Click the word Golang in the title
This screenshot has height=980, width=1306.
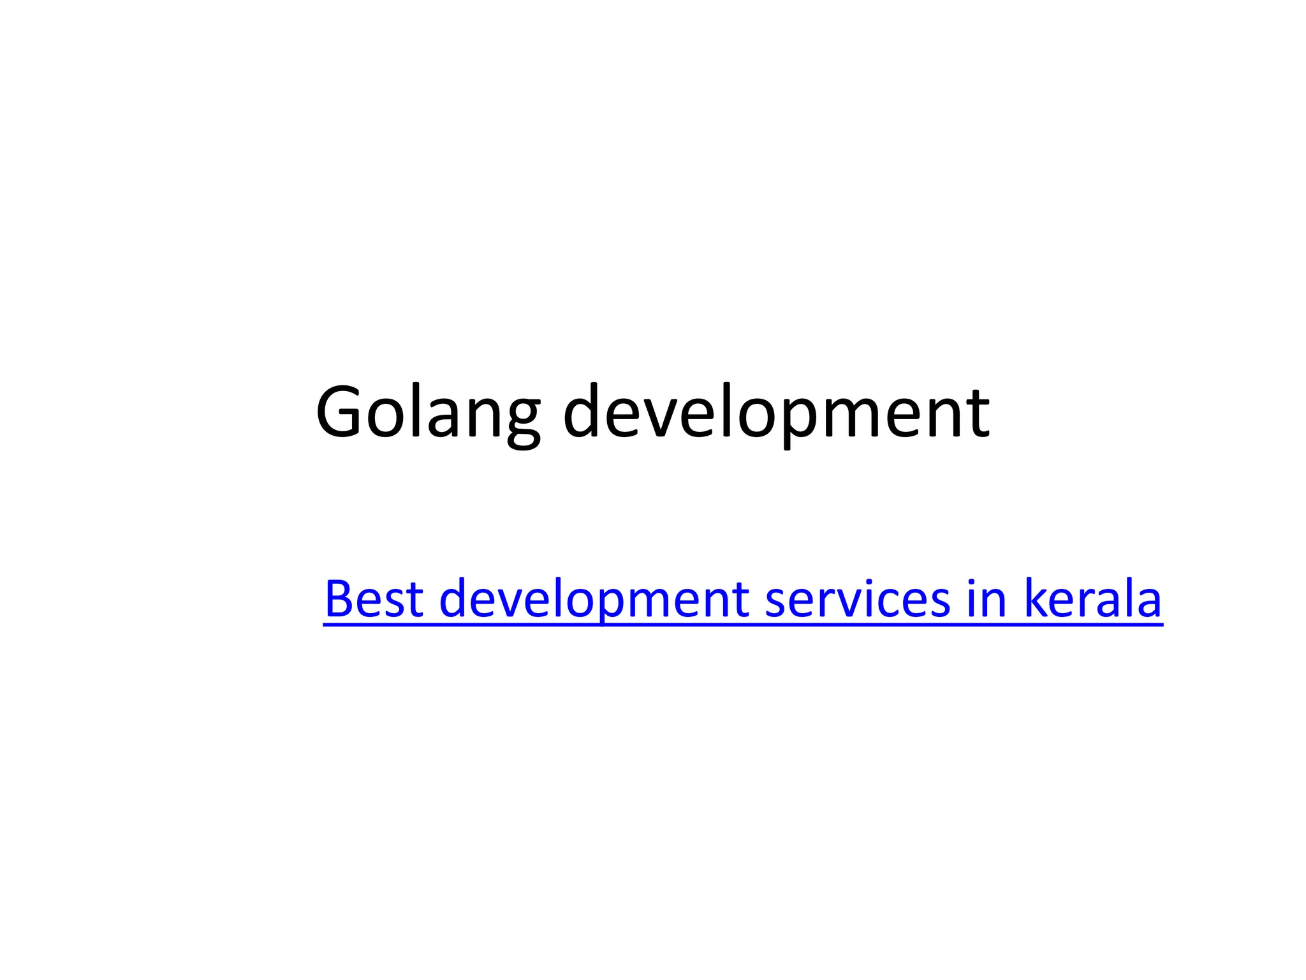(427, 412)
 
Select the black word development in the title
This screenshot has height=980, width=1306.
(776, 412)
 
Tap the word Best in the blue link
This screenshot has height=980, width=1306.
(374, 598)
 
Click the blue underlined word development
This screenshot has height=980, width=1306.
(594, 598)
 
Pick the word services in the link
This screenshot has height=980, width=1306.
(857, 598)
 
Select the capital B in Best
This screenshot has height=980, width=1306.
(338, 598)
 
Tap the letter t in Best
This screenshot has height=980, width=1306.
(415, 600)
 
